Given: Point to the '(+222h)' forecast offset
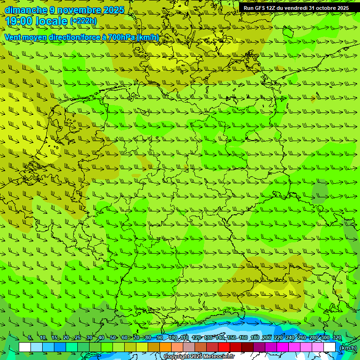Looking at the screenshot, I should coord(83,21).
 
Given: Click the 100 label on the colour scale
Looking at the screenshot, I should coord(173,338).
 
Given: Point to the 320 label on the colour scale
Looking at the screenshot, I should coord(337,338).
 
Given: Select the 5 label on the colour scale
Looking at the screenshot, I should coord(30,338).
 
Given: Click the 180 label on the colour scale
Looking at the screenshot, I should coord(255,338).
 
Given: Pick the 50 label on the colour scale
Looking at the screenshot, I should coord(113,338).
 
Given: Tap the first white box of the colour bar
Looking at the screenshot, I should coord(25,347).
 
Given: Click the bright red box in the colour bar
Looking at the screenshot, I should coord(224,347).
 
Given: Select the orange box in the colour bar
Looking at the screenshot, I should coord(165,347).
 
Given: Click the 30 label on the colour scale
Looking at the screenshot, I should coord(90,338).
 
